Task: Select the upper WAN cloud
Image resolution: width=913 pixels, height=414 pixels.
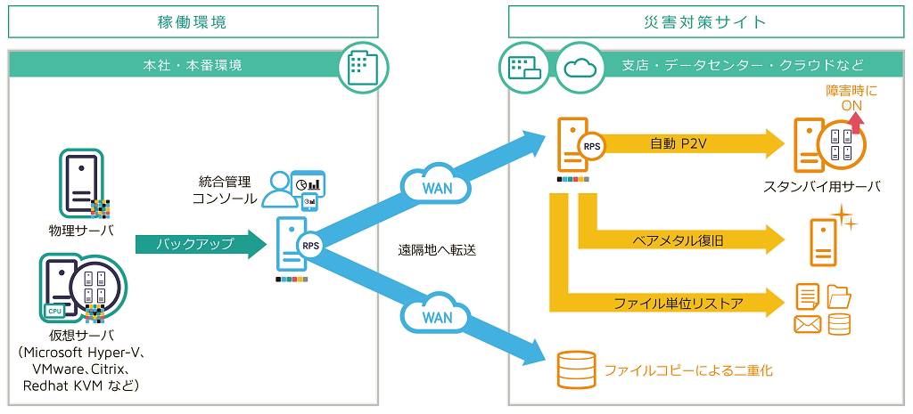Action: click(x=437, y=187)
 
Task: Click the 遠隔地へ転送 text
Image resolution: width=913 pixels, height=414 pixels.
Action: click(x=437, y=251)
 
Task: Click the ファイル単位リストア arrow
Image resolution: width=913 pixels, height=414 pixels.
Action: click(x=669, y=303)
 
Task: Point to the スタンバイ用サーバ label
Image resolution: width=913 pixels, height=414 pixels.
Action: click(x=821, y=187)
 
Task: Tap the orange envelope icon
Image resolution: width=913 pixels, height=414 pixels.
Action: click(x=807, y=325)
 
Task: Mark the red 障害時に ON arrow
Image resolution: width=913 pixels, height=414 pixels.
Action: click(x=858, y=122)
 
